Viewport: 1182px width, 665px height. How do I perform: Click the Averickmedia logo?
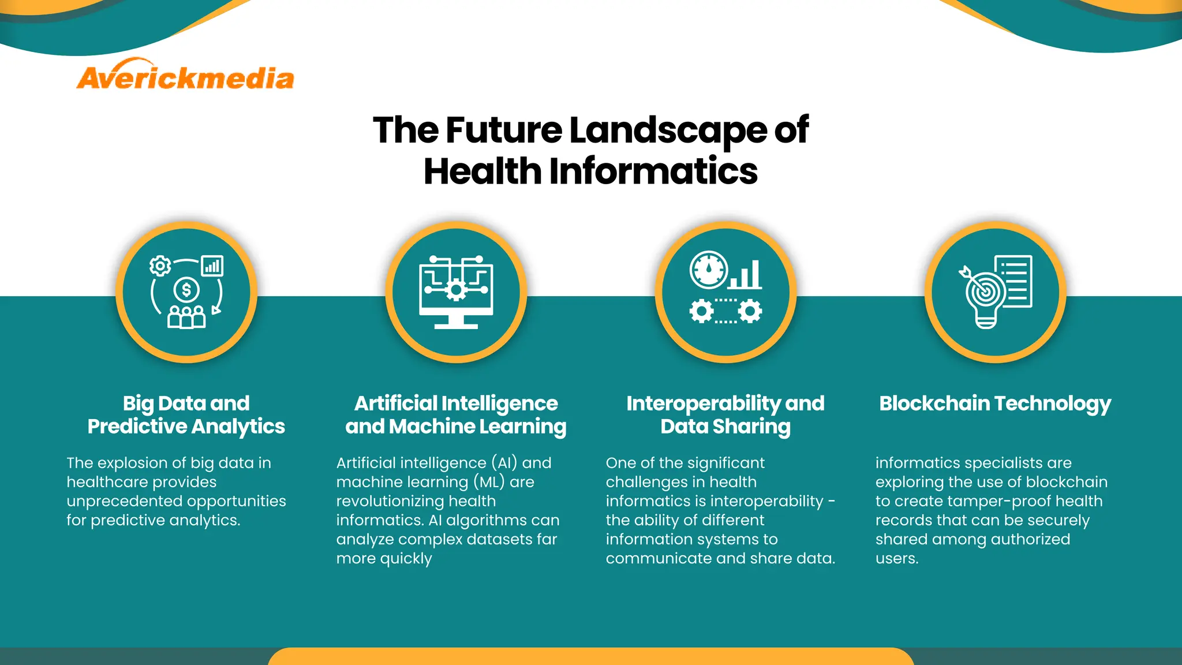pyautogui.click(x=185, y=76)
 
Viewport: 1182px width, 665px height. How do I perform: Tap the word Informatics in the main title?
pyautogui.click(x=653, y=172)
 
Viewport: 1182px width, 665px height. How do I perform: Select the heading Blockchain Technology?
pyautogui.click(x=995, y=404)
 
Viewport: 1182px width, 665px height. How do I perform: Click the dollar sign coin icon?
pyautogui.click(x=186, y=290)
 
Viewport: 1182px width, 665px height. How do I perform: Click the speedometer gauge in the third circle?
pyautogui.click(x=709, y=270)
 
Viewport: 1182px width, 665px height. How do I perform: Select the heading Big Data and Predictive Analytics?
pyautogui.click(x=186, y=414)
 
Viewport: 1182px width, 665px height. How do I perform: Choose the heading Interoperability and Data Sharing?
pyautogui.click(x=725, y=414)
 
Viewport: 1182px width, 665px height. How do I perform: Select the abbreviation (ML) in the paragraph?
pyautogui.click(x=489, y=482)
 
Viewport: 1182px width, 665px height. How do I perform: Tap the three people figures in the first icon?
pyautogui.click(x=186, y=317)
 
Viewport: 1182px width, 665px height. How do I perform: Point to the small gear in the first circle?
pyautogui.click(x=160, y=266)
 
